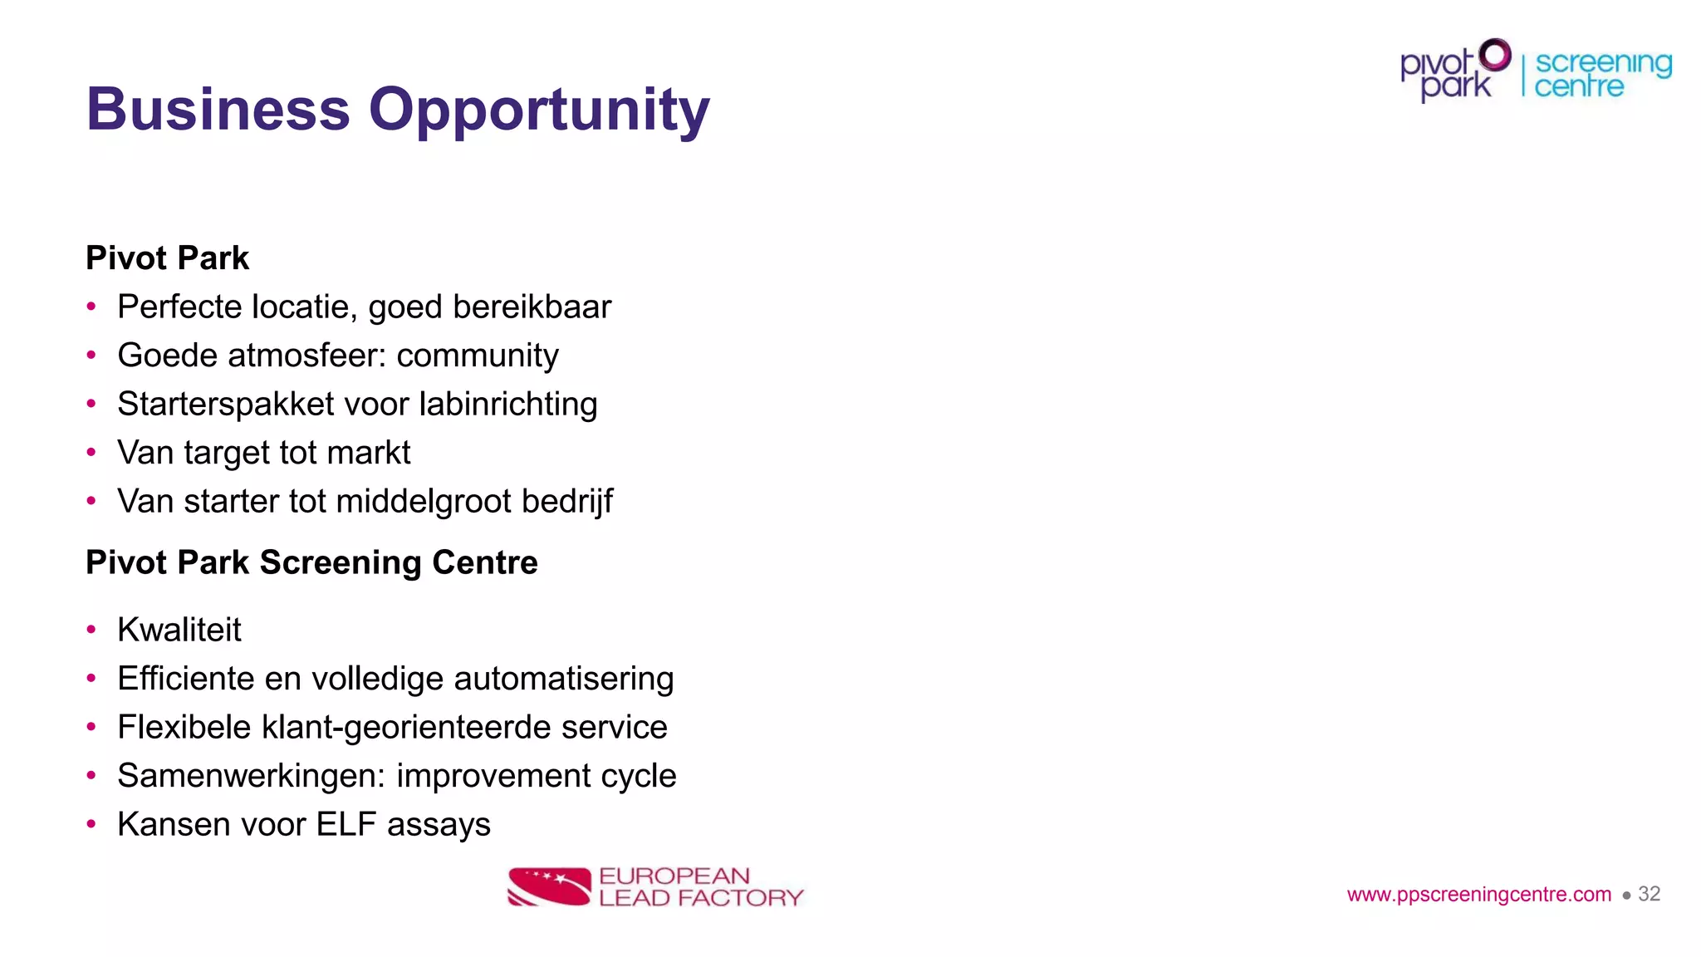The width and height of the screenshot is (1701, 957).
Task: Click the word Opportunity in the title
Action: click(539, 110)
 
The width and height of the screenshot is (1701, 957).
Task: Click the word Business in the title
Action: click(218, 110)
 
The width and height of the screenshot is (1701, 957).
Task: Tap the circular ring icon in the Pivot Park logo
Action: click(1496, 55)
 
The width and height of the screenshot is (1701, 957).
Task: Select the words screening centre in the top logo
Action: click(1602, 75)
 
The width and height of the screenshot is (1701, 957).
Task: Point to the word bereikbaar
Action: click(532, 307)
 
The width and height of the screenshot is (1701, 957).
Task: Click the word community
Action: click(478, 356)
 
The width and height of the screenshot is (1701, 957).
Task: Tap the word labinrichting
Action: click(508, 405)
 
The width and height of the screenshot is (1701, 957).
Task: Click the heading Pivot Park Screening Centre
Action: click(311, 562)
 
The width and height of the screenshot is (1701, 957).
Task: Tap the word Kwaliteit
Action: click(179, 630)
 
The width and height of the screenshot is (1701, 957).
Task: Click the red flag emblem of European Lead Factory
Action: click(549, 886)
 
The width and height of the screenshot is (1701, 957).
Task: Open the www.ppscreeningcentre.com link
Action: click(1478, 895)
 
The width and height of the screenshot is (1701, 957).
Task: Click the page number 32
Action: click(1649, 894)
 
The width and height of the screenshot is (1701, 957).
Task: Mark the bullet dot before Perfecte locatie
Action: click(91, 307)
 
